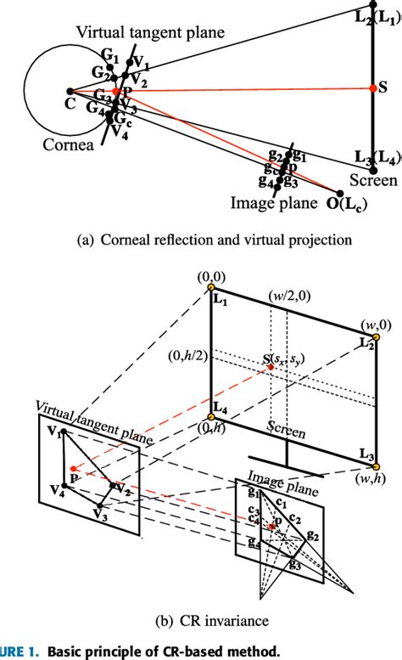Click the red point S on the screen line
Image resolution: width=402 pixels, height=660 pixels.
pos(372,87)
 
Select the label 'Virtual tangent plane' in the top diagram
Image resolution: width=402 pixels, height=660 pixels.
pos(150,32)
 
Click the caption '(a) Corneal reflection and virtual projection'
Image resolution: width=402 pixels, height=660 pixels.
pos(201,240)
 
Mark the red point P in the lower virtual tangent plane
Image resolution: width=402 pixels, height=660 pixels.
pos(74,469)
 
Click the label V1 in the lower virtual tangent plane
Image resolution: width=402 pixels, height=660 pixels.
pos(55,432)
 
